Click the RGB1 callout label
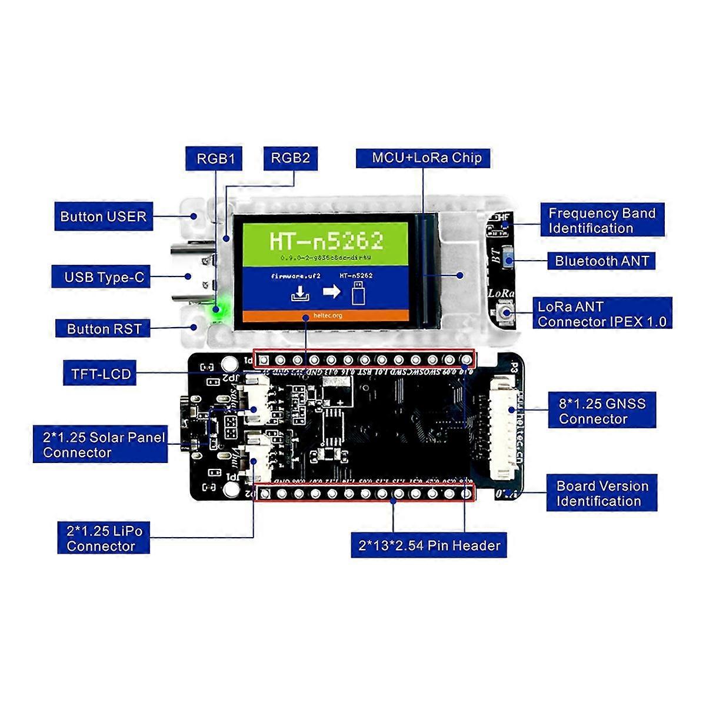[215, 158]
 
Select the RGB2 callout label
[290, 158]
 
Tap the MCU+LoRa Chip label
[427, 158]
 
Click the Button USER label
[103, 217]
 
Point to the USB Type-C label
[104, 277]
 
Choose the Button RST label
[104, 329]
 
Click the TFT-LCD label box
[101, 374]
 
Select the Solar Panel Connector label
[103, 445]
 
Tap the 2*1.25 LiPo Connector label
[104, 538]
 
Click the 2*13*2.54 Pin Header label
[429, 545]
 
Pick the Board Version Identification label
[602, 493]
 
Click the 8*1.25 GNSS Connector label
[602, 411]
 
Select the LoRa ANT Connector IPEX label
[602, 314]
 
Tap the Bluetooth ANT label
[601, 261]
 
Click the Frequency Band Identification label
[602, 221]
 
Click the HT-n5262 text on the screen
[327, 241]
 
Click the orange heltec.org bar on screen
[327, 315]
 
